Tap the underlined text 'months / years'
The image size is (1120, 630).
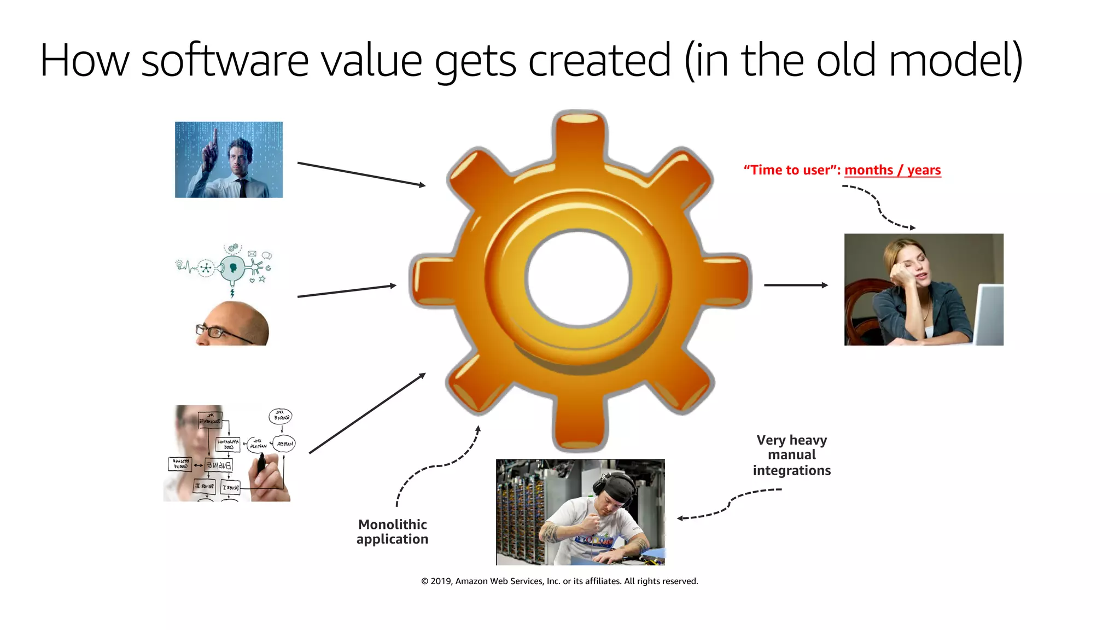coord(892,170)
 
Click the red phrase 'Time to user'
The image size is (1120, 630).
coord(791,170)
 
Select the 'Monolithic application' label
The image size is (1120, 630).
coord(392,532)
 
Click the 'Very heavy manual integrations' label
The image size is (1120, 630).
coord(791,455)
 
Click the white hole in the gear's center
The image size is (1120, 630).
coord(579,278)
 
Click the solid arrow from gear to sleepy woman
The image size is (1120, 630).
coord(796,285)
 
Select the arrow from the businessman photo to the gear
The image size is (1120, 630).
coord(361,174)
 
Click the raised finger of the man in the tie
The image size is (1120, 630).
coord(215,137)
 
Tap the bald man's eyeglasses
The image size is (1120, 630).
coord(213,331)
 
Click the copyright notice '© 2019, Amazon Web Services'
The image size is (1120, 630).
coord(559,581)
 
